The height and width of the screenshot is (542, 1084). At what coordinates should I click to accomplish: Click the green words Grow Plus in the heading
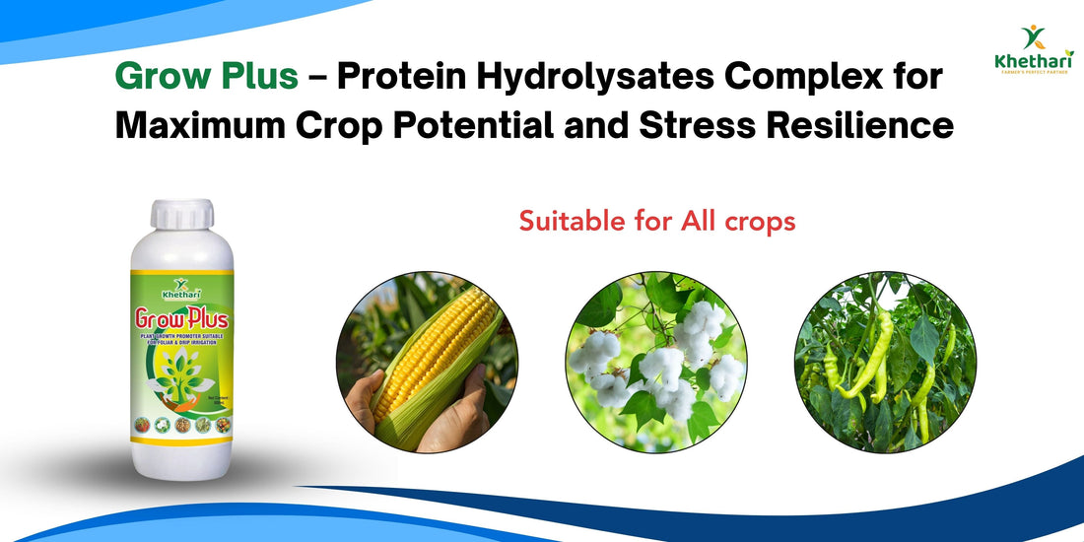point(206,77)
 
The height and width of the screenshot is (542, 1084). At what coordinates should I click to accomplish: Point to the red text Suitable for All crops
point(657,221)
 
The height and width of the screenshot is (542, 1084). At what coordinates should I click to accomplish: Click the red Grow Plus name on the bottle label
point(181,319)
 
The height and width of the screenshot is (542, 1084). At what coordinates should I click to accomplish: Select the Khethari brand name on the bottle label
point(181,292)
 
